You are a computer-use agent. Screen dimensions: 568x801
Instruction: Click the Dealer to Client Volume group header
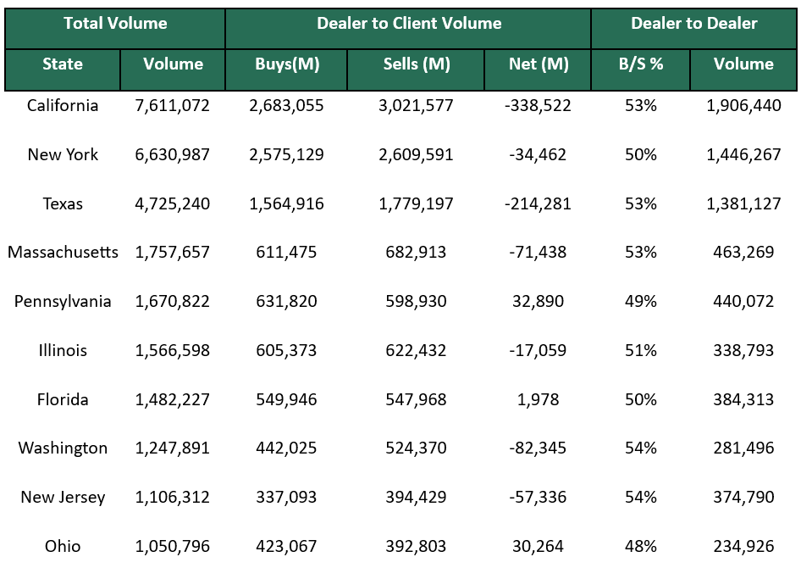(x=409, y=24)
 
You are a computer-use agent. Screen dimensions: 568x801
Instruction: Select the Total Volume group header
(x=115, y=24)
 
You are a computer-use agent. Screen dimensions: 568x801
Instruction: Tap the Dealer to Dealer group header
(x=694, y=24)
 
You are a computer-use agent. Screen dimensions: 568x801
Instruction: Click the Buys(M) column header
(x=287, y=64)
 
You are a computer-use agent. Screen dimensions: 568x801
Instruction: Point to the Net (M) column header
(x=539, y=64)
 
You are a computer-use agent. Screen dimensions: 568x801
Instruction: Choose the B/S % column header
(x=641, y=64)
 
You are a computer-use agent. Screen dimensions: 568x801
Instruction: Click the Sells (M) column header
(x=416, y=64)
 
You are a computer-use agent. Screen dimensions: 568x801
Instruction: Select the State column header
(x=63, y=64)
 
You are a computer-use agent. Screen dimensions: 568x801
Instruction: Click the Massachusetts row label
(x=63, y=252)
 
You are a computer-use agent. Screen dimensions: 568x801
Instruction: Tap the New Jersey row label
(x=63, y=498)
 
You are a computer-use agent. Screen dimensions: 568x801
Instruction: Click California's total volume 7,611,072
(x=172, y=106)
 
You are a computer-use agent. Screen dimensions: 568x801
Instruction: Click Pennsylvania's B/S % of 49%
(x=640, y=301)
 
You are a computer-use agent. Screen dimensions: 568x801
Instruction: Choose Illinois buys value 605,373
(x=286, y=350)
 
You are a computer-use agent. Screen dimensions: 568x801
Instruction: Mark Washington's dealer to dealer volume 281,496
(x=743, y=448)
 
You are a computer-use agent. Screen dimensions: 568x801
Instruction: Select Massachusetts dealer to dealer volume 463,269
(x=743, y=252)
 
